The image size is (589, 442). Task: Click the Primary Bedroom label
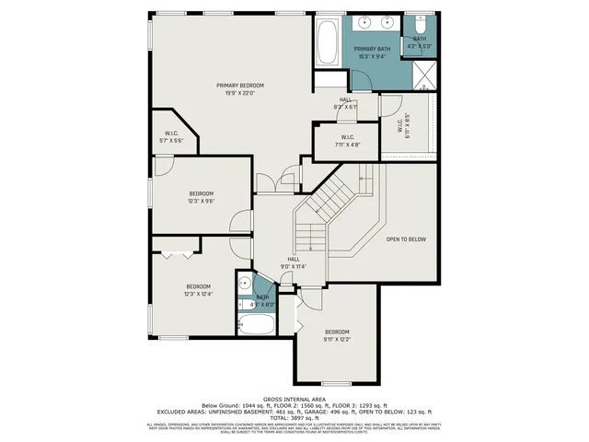234,88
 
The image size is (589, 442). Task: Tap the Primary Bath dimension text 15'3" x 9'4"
371,57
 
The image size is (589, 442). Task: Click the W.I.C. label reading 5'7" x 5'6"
171,137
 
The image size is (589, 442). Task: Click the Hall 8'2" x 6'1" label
346,103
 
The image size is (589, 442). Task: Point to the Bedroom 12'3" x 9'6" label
201,197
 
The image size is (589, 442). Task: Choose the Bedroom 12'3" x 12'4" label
198,290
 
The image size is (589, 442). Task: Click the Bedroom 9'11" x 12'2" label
336,335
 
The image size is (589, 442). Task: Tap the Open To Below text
406,239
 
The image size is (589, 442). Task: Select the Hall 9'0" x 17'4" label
294,263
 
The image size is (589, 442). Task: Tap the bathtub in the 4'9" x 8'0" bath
255,324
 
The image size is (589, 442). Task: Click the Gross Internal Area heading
294,398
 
